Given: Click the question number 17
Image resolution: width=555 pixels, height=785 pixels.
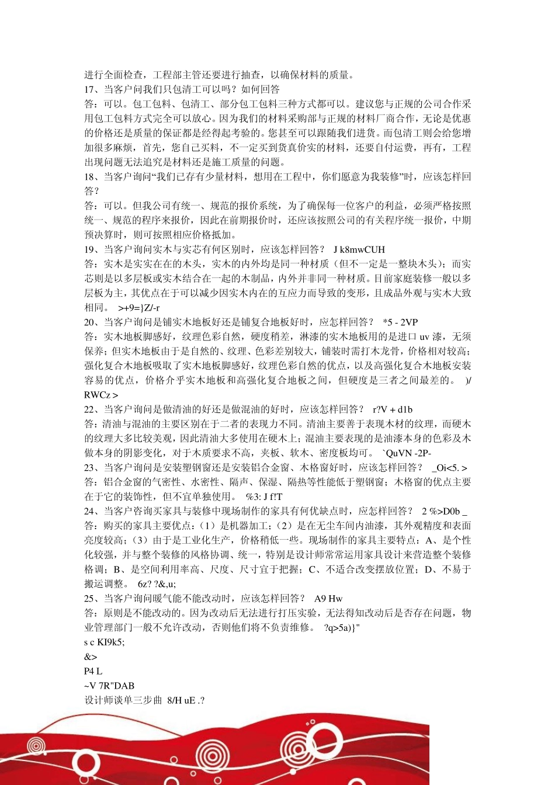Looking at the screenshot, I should click(91, 89).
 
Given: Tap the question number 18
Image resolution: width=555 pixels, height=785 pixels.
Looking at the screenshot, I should click(91, 177).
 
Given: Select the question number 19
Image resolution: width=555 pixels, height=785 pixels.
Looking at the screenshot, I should click(91, 249).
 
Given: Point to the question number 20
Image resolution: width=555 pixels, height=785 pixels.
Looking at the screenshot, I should click(91, 322).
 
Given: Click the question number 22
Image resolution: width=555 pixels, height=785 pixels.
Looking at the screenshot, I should click(91, 409).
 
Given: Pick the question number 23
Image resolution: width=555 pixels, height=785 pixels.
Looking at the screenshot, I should click(91, 467).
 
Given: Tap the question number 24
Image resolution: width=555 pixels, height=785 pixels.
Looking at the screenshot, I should click(91, 511).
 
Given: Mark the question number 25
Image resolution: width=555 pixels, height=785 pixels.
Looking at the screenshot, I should click(91, 598).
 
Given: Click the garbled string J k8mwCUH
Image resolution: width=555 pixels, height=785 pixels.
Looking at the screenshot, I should click(359, 249).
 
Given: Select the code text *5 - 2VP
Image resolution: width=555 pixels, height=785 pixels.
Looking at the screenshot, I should click(401, 322).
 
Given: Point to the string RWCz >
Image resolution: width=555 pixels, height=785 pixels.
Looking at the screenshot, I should click(101, 395).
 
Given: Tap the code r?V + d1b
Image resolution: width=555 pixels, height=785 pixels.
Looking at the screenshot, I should click(393, 409).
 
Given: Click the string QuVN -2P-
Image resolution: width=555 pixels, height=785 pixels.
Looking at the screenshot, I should click(408, 453).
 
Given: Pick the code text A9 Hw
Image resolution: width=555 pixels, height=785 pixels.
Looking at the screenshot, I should click(328, 598).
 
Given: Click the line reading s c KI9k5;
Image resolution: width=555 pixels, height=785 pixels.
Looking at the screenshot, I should click(105, 642).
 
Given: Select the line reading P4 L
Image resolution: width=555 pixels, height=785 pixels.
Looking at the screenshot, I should click(93, 671).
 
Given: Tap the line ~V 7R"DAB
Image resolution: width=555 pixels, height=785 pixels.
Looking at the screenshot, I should click(109, 686).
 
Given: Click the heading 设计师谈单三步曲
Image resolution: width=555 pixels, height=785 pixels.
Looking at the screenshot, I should click(123, 700).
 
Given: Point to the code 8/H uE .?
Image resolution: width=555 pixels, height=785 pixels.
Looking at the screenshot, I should click(186, 700).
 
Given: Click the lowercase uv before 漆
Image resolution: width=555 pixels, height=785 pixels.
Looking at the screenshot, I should click(425, 336).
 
